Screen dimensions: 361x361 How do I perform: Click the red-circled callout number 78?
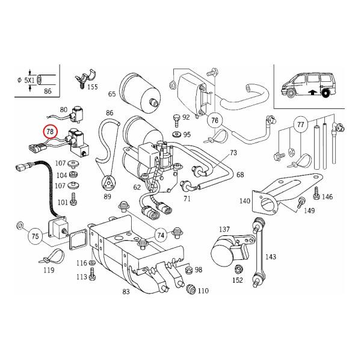(50, 132)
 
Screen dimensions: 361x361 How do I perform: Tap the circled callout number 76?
(215, 120)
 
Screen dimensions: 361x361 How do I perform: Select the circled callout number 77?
(301, 125)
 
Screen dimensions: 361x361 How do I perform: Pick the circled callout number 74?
(161, 235)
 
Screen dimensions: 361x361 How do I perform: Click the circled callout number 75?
(35, 236)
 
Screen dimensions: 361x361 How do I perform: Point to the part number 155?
(93, 87)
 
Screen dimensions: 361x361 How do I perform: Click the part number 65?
(112, 94)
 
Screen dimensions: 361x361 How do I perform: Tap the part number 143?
(271, 256)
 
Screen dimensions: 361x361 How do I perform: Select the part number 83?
(126, 292)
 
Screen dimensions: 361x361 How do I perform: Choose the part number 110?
(203, 291)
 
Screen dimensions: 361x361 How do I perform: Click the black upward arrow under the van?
(312, 92)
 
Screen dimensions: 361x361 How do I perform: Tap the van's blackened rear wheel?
(326, 93)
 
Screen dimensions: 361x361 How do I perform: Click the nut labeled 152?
(239, 269)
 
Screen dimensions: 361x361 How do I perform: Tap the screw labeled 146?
(316, 194)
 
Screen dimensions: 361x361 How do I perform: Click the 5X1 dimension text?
(29, 81)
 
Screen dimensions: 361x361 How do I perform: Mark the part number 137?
(224, 229)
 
